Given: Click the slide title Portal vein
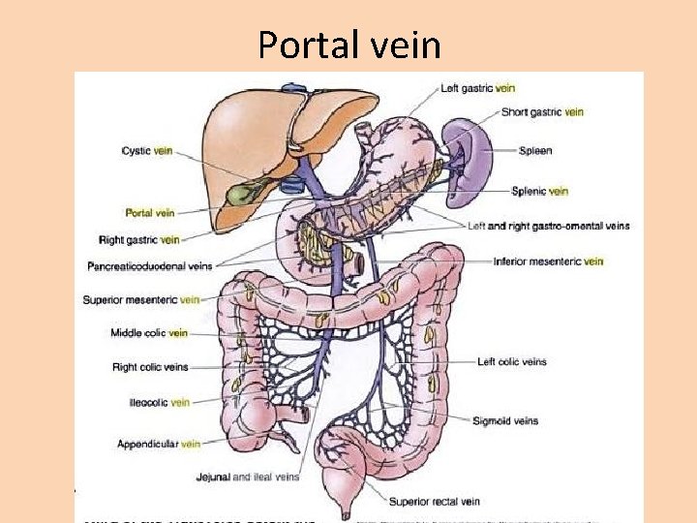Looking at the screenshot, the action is [x=348, y=45].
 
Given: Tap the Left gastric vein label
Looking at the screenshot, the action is [x=477, y=88].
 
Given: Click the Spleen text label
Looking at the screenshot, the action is [x=534, y=151].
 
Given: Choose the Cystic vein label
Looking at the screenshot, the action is [x=147, y=150].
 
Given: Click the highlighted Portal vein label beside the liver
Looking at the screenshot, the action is [x=150, y=212].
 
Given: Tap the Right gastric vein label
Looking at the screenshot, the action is [x=139, y=239].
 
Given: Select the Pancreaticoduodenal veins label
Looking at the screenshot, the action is [x=149, y=265].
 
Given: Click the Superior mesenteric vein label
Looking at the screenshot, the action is [x=141, y=299].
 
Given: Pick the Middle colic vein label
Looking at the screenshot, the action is [x=149, y=333].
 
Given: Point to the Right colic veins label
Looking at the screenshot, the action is [x=150, y=367].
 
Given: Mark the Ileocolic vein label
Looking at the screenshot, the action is [x=159, y=402].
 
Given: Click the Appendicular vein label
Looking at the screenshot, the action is [x=159, y=444].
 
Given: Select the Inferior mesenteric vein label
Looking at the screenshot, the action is [x=548, y=261].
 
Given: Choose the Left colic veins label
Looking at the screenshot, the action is [x=511, y=361].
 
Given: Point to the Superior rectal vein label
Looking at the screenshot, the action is [x=434, y=502].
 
